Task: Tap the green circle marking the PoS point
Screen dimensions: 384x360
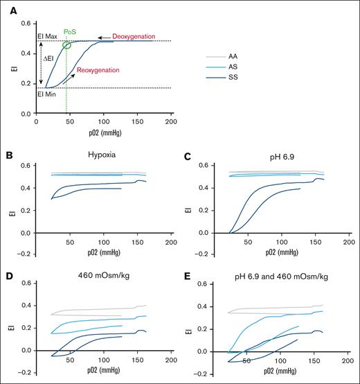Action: pyautogui.click(x=67, y=45)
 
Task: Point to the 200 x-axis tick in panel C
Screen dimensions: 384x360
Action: pyautogui.click(x=348, y=243)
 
